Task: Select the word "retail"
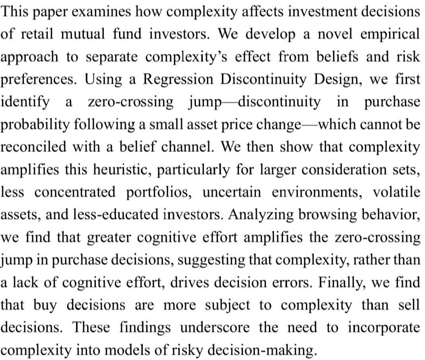[x=35, y=35]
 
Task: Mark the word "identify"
[x=25, y=102]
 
